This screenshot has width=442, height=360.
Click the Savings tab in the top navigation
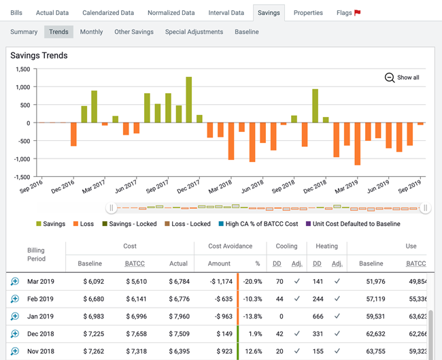coord(269,12)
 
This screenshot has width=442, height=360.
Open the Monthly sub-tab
coord(91,32)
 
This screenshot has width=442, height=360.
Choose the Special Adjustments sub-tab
coord(194,32)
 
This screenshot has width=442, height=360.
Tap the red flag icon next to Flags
coord(358,12)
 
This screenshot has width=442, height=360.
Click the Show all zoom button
coord(402,78)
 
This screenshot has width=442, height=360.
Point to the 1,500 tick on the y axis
coord(20,69)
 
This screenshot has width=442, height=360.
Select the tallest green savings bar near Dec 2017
coord(188,99)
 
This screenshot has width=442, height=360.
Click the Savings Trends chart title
coord(39,56)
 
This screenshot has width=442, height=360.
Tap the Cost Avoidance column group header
coord(230,246)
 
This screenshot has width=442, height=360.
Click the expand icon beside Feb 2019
coord(14,299)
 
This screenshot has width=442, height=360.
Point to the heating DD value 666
coord(317,316)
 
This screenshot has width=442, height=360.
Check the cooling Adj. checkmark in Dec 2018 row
coord(296,334)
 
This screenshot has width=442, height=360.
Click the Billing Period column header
coord(36,255)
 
